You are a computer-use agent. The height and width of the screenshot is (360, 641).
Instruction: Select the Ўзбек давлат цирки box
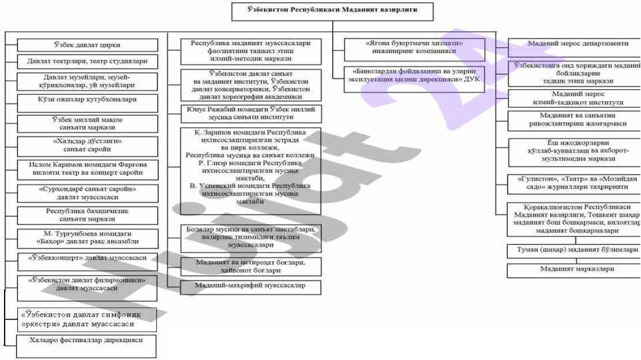[87, 45]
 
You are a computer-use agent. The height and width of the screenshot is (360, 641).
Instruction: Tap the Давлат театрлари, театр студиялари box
[87, 62]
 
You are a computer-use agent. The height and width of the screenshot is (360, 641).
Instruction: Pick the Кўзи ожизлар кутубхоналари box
[87, 99]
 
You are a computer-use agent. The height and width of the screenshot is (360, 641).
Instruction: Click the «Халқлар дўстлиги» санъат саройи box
[87, 145]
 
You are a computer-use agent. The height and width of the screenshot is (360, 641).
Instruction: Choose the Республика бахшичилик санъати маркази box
[87, 215]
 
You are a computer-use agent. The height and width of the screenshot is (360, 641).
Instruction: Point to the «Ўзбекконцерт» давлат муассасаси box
[87, 257]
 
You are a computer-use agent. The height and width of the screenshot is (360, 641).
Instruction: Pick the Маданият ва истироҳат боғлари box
[251, 266]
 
